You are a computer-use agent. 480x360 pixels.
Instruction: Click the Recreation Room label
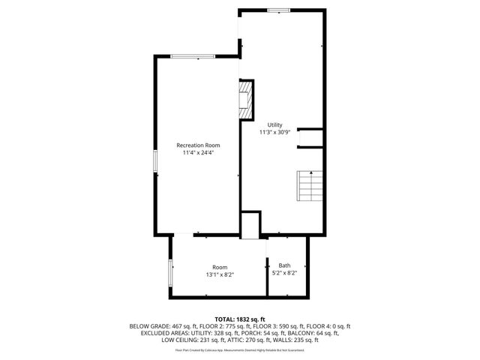pos(198,145)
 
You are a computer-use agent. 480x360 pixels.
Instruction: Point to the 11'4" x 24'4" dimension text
pos(198,153)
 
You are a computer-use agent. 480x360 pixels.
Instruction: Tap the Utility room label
pos(275,124)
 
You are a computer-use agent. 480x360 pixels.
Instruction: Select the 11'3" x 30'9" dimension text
pos(275,132)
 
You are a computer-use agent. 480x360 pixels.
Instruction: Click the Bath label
pos(285,265)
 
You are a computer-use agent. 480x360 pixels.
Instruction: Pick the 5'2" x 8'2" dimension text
pos(285,274)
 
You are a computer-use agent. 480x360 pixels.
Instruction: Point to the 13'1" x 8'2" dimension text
pos(220,275)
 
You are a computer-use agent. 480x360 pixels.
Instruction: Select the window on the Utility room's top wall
pos(279,10)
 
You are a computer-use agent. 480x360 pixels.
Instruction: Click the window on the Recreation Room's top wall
pos(193,56)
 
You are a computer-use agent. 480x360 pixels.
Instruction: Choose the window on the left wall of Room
pos(170,272)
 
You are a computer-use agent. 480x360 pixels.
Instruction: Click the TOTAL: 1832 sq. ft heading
pos(240,319)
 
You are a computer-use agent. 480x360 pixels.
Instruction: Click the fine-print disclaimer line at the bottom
pos(240,349)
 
